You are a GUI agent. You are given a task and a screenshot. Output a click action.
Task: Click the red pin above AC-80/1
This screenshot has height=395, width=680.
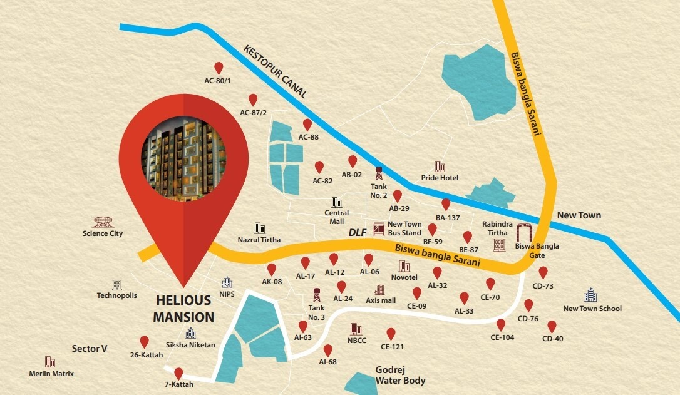pyautogui.click(x=219, y=68)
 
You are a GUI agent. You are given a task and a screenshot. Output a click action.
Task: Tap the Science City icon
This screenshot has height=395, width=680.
pyautogui.click(x=103, y=222)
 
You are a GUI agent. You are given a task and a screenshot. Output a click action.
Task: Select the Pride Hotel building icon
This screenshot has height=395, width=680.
pyautogui.click(x=439, y=167)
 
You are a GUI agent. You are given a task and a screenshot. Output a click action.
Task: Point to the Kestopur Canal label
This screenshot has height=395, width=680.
pyautogui.click(x=275, y=71)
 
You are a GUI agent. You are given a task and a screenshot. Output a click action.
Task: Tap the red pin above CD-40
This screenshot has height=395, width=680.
pyautogui.click(x=552, y=327)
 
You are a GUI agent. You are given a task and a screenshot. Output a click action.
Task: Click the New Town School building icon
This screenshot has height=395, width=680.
pyautogui.click(x=591, y=295)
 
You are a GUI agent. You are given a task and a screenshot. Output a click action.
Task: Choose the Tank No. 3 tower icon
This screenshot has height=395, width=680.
pyautogui.click(x=317, y=294)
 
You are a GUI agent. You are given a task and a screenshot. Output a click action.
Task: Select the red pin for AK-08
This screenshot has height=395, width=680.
pyautogui.click(x=272, y=269)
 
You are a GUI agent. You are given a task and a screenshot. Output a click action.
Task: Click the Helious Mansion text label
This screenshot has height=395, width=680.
pyautogui.click(x=183, y=309)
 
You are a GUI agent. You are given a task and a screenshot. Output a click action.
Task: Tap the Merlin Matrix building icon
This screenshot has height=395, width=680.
pyautogui.click(x=49, y=362)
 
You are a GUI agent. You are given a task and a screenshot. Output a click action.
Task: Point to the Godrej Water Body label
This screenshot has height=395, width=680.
pyautogui.click(x=400, y=376)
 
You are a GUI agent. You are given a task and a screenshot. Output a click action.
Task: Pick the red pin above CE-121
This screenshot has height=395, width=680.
pyautogui.click(x=391, y=334)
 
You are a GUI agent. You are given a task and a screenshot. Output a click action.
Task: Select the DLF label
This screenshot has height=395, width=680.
pyautogui.click(x=357, y=233)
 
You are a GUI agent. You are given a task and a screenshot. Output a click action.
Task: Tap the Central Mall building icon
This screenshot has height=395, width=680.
pyautogui.click(x=337, y=203)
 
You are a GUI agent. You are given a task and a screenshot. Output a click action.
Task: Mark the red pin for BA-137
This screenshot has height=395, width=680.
pyautogui.click(x=446, y=205)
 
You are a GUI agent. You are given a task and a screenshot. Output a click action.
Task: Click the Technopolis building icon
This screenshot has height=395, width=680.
pyautogui.click(x=116, y=285)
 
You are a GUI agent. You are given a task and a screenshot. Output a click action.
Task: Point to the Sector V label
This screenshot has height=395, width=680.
pyautogui.click(x=85, y=349)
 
